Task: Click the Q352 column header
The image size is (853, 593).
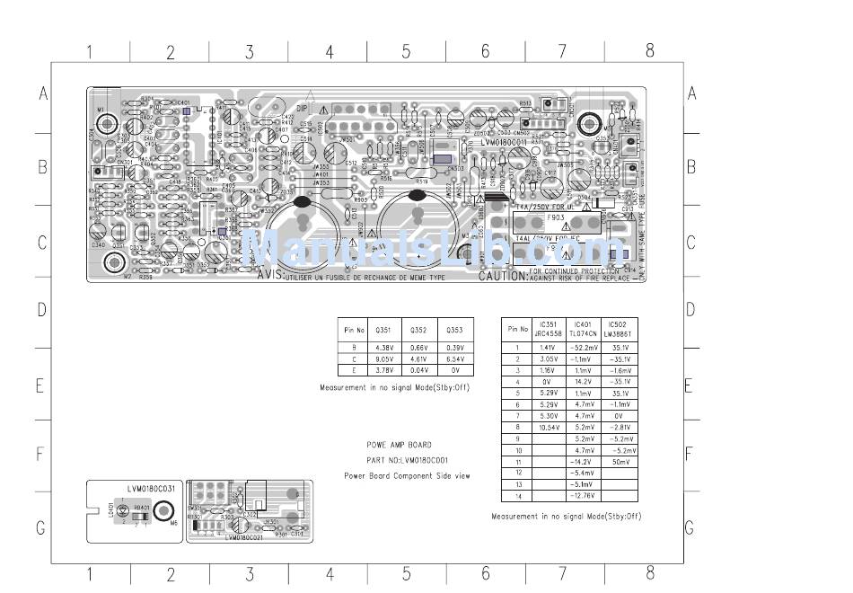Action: point(418,330)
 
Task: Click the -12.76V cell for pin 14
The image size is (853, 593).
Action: point(583,495)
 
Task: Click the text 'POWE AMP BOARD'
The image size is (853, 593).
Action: point(399,445)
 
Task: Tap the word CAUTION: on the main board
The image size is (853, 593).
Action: point(502,277)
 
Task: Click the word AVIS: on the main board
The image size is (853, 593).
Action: point(270,276)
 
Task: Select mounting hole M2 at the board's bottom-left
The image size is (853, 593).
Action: point(115,262)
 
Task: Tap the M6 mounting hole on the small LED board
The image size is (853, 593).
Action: point(163,511)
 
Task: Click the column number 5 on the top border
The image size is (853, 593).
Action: point(406,52)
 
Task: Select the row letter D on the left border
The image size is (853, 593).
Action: point(41,310)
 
